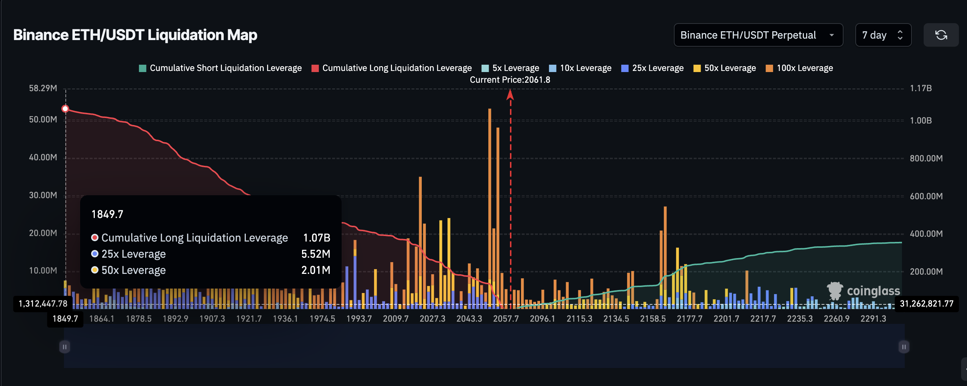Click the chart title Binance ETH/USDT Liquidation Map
(135, 35)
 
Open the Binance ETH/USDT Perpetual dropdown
(758, 35)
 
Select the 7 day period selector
(882, 35)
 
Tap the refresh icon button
(941, 35)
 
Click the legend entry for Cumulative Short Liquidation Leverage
(220, 68)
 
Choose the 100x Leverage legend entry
(799, 68)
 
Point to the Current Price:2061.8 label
(510, 80)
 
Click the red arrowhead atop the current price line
(510, 94)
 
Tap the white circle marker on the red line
(65, 109)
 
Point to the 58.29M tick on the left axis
(43, 88)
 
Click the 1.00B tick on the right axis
(920, 121)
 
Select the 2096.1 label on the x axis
(542, 319)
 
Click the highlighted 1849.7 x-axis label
(65, 319)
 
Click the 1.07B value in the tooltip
(316, 238)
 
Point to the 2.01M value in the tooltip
(316, 270)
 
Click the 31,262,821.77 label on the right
(927, 304)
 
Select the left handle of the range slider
(65, 347)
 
